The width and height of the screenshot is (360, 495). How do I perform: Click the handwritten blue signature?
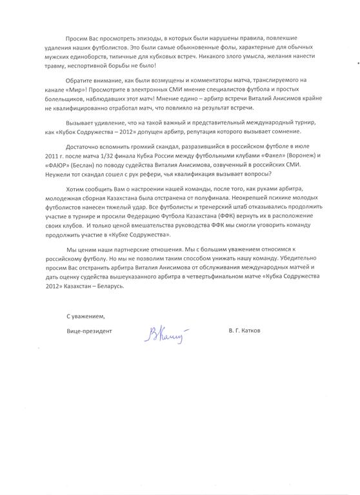pos(167,333)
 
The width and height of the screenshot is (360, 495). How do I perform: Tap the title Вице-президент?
pos(89,333)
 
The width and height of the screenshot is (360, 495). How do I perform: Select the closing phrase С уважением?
pos(85,316)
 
